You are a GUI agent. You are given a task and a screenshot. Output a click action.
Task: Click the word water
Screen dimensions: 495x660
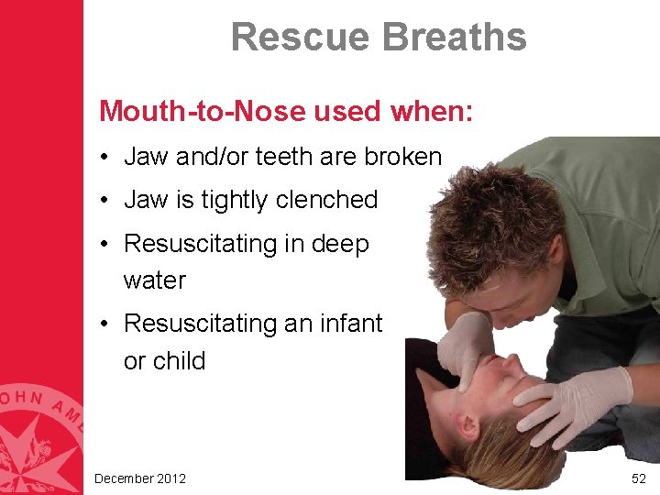154,280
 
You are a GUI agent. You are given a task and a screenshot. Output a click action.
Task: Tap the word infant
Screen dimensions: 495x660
349,324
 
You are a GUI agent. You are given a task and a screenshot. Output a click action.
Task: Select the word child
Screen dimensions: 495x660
179,360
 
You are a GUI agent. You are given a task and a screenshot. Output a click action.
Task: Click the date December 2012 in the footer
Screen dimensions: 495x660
140,478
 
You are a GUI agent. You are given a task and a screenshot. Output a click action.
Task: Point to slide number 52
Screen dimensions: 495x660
639,478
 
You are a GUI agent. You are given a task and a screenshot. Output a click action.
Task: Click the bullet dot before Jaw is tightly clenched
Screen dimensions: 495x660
108,200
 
